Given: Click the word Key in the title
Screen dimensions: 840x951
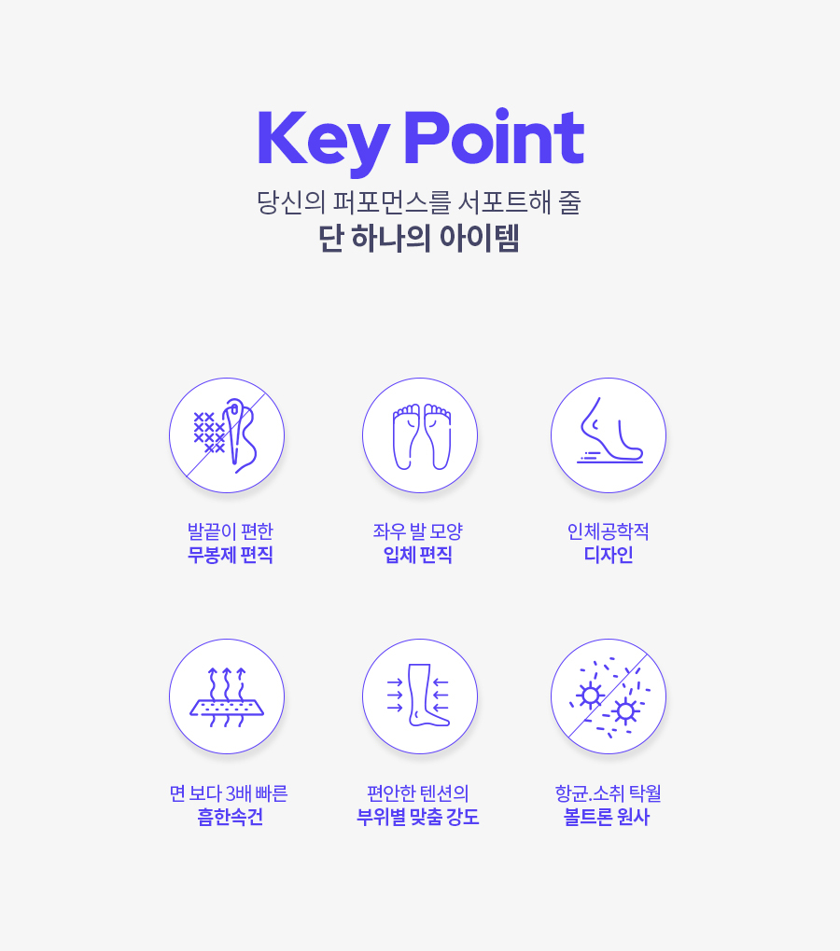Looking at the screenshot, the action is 324,142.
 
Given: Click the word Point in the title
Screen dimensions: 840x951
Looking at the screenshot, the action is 494,136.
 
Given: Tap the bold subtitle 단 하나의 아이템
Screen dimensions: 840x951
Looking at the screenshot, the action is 419,238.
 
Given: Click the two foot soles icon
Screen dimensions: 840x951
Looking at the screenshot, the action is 420,435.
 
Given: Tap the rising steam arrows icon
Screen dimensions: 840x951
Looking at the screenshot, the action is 227,696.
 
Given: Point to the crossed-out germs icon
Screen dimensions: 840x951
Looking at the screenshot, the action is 609,696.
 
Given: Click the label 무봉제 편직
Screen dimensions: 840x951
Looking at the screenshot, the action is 230,555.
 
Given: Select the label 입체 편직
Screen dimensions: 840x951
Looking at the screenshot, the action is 418,555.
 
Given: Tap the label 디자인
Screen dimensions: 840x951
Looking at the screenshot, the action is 609,555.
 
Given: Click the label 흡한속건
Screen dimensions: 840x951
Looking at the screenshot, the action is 230,817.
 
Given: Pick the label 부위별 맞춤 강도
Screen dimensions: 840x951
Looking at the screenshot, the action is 418,817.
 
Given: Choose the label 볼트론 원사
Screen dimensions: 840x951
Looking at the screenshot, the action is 607,817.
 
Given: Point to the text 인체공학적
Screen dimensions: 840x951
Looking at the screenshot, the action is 609,531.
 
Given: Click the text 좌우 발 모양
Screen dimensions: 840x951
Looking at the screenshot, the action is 418,531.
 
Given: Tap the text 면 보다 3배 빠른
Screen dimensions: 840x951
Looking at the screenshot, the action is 229,793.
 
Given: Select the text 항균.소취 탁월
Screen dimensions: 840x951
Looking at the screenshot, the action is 609,793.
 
